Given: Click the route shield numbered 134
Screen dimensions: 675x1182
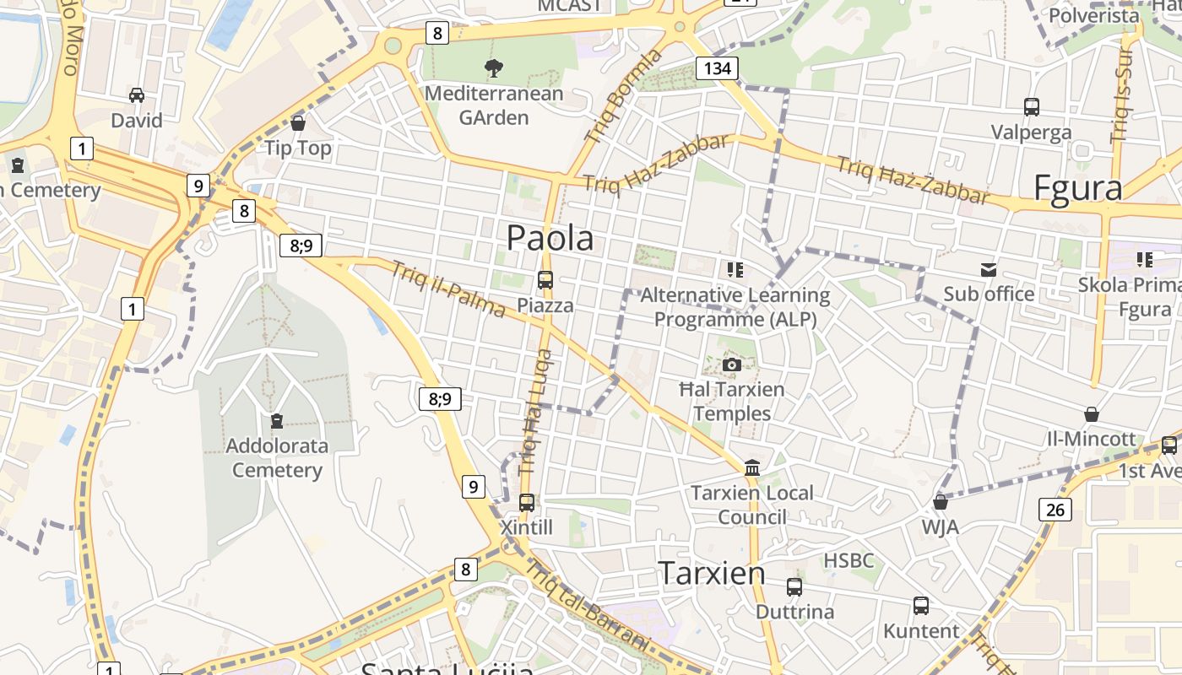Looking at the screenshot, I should pyautogui.click(x=717, y=68).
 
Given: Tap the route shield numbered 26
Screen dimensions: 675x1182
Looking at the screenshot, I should pyautogui.click(x=1055, y=509).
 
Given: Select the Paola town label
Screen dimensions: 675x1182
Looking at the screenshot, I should pyautogui.click(x=550, y=238).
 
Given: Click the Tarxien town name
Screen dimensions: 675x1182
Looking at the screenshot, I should pyautogui.click(x=712, y=573).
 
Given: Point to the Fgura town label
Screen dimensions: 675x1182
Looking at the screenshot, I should pyautogui.click(x=1078, y=187).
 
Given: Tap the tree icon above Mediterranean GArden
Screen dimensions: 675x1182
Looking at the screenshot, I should pyautogui.click(x=494, y=67).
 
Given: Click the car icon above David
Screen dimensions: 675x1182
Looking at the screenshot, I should pyautogui.click(x=137, y=95).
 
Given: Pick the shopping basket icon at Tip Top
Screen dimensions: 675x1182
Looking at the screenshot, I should pyautogui.click(x=297, y=123).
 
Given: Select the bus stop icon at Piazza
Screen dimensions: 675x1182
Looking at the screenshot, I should pyautogui.click(x=545, y=279).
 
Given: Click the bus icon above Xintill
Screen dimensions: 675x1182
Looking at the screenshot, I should pyautogui.click(x=526, y=503).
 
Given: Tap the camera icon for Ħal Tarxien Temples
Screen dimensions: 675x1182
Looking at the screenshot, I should pyautogui.click(x=732, y=364).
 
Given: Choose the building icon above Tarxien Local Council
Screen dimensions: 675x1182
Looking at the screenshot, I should pyautogui.click(x=751, y=467).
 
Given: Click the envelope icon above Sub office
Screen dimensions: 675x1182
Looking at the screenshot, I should pyautogui.click(x=988, y=269).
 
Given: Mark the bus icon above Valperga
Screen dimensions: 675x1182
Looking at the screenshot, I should pyautogui.click(x=1031, y=107).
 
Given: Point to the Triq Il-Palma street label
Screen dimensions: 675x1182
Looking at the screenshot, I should pyautogui.click(x=448, y=289).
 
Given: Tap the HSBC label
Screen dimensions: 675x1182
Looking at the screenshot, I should pyautogui.click(x=849, y=560).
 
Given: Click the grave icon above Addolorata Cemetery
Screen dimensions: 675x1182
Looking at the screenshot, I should pyautogui.click(x=276, y=420).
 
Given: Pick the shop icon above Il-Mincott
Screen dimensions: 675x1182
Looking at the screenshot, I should pyautogui.click(x=1092, y=414).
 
